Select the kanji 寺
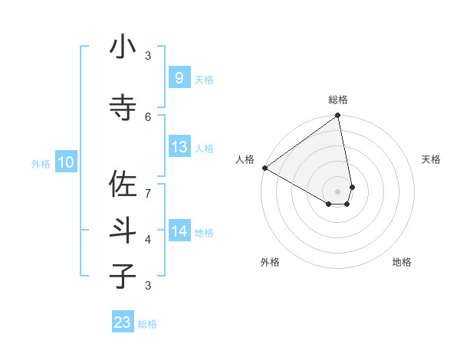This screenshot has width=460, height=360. pos(123,106)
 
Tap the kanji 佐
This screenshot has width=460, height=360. pos(123,184)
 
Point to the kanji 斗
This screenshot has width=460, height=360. pos(123,230)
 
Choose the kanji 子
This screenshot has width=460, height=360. pos(123,276)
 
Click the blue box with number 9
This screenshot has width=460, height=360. pos(179,77)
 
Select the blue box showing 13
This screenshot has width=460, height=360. pos(179,147)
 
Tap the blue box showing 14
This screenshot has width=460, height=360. pos(179,231)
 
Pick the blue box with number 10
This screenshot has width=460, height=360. pos(65,162)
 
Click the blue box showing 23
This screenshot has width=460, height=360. pos(123,322)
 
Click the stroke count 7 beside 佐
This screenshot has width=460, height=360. pos(148,192)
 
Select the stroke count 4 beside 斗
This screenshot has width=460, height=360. pos(148,239)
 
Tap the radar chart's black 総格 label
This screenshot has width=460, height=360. pos(338,100)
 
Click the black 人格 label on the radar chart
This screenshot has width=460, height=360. pos(245,159)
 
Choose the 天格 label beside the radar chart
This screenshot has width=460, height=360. pos(432,159)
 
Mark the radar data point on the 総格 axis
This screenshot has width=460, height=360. pos(338,116)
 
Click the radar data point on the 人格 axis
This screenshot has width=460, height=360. pos(264,168)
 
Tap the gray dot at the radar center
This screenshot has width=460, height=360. pos(338,191)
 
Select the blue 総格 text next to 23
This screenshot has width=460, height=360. pos(147,324)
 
